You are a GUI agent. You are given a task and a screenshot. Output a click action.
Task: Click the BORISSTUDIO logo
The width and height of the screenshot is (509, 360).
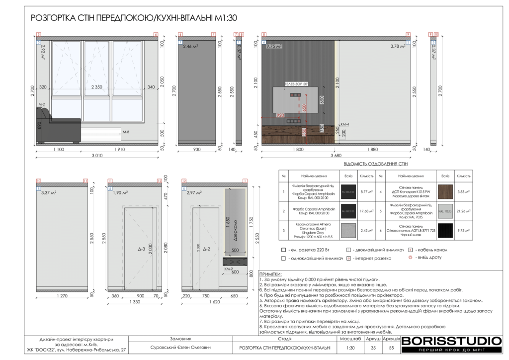click(451, 341)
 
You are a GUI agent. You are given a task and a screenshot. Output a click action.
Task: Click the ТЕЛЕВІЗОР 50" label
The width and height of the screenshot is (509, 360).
click(297, 85)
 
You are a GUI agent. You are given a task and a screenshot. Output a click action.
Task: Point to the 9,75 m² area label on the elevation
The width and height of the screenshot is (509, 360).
click(274, 46)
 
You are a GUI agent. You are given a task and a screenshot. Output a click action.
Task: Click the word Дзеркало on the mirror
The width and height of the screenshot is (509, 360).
click(235, 229)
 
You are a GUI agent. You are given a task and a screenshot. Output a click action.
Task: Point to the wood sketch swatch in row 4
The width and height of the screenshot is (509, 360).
click(445, 191)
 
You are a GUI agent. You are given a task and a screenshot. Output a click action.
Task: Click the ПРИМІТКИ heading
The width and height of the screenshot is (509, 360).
click(270, 274)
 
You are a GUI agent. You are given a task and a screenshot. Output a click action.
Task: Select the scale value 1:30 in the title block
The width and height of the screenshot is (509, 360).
click(350, 348)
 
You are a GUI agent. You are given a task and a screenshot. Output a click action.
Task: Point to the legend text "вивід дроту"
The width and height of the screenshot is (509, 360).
click(429, 258)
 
